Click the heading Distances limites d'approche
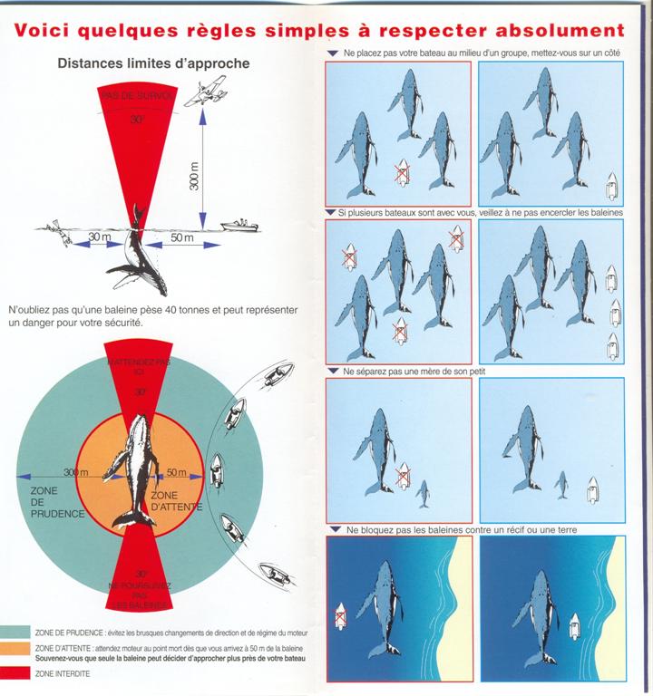(153, 64)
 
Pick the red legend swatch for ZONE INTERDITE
(15, 673)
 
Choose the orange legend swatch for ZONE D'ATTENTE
(15, 651)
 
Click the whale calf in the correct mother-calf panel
(562, 485)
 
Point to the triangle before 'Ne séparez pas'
(333, 372)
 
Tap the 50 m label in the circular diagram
(176, 473)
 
